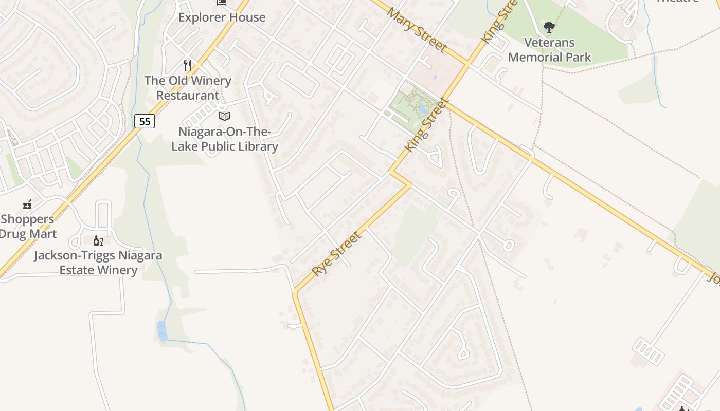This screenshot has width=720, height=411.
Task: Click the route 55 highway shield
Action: tap(145, 121)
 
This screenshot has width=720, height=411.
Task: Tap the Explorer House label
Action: tap(222, 17)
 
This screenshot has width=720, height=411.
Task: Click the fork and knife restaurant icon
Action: tap(188, 65)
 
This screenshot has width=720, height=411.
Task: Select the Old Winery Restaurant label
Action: tap(188, 88)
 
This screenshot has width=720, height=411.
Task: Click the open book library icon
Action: tap(225, 117)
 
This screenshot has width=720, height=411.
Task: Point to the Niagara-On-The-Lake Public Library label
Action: tap(225, 139)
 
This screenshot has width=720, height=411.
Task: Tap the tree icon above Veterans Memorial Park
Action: tap(549, 27)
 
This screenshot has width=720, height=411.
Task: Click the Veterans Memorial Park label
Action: tap(550, 50)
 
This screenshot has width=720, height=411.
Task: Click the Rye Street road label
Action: tap(337, 253)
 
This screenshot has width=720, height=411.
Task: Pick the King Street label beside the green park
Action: tap(425, 125)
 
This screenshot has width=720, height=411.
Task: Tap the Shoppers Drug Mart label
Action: tap(28, 226)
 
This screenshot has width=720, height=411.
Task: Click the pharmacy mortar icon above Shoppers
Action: tap(27, 204)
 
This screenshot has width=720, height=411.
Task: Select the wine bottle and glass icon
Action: tap(98, 240)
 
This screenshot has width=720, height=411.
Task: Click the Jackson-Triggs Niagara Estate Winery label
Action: tap(98, 263)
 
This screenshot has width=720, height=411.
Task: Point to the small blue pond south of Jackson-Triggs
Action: tap(162, 330)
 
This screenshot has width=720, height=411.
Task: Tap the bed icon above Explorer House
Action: tap(222, 2)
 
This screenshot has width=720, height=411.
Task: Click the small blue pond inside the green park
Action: tap(422, 108)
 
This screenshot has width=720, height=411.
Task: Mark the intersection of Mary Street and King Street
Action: tap(467, 65)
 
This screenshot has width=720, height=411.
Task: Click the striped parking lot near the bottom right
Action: tap(648, 351)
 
